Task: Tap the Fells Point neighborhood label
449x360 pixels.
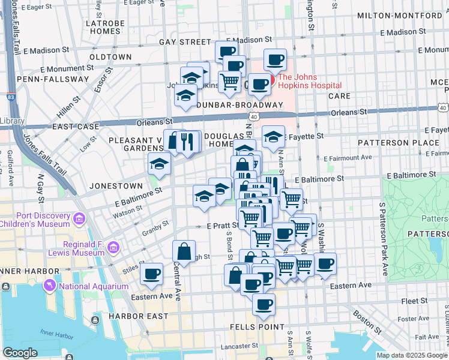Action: point(257,327)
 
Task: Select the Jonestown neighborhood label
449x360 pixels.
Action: point(116,186)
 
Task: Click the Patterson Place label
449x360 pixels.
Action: point(390,143)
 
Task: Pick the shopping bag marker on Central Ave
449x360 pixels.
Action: point(184,251)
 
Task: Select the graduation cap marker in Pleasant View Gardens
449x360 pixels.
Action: point(159,164)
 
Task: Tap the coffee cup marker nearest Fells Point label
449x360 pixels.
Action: point(263,304)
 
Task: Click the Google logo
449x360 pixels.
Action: point(20,353)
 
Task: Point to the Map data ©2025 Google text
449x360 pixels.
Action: point(412,355)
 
